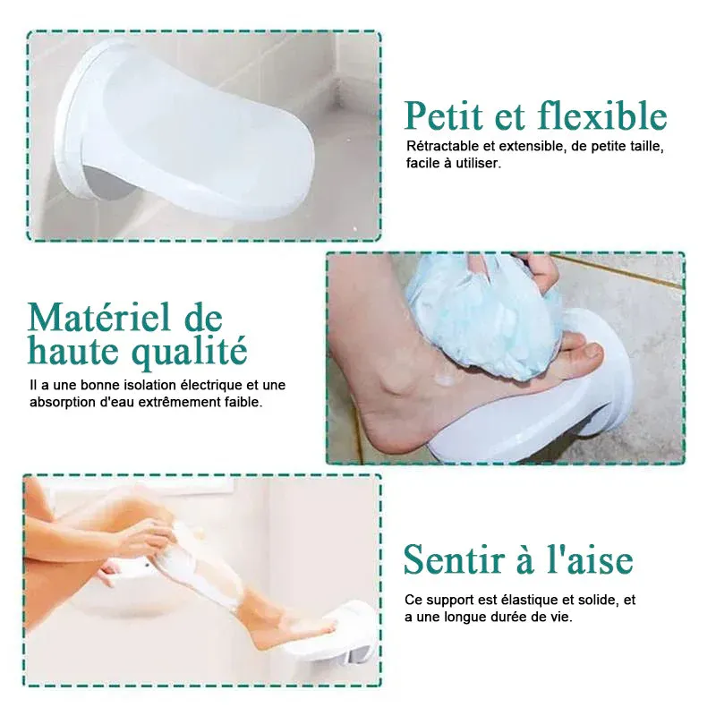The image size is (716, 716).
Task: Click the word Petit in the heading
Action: (x=444, y=116)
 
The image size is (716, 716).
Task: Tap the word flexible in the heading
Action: (x=602, y=115)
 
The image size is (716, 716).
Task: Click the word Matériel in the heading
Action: (x=98, y=317)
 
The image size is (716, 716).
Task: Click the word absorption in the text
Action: (x=59, y=403)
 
